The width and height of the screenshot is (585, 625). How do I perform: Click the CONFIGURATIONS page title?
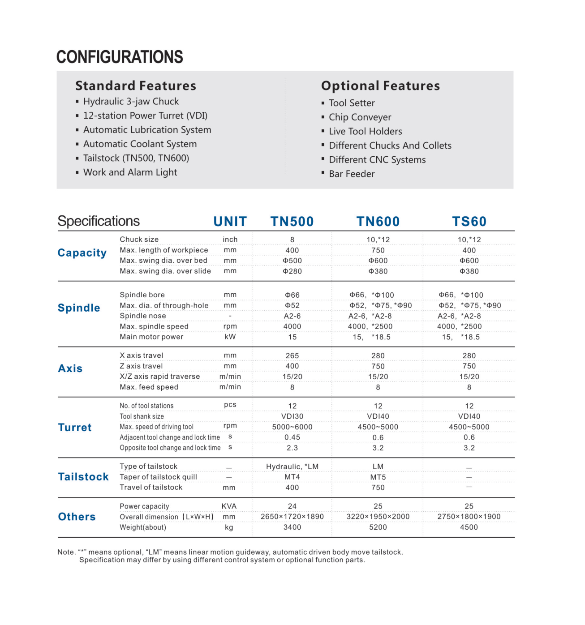click(x=120, y=57)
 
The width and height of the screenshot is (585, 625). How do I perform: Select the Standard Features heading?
click(x=136, y=86)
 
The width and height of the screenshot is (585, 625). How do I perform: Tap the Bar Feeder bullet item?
click(x=352, y=174)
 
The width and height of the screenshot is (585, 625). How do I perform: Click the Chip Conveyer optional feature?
click(x=360, y=117)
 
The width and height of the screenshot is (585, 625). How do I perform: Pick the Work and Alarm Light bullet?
click(x=130, y=172)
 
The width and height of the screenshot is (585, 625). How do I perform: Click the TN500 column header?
click(x=292, y=222)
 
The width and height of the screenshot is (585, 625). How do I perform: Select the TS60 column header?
click(x=469, y=222)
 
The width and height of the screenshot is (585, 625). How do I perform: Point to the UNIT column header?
click(x=230, y=222)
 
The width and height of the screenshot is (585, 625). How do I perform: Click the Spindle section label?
click(x=79, y=308)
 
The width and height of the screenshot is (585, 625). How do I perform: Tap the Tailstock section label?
click(x=83, y=477)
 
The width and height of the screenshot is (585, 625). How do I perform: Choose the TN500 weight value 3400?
click(x=292, y=527)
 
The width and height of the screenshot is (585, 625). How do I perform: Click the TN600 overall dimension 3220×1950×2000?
click(x=378, y=517)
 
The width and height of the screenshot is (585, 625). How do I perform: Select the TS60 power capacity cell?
click(x=469, y=506)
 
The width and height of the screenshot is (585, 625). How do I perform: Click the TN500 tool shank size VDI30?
click(x=292, y=416)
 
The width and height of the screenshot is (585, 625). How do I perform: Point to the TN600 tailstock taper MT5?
click(x=378, y=477)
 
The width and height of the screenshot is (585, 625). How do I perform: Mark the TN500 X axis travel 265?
click(x=292, y=356)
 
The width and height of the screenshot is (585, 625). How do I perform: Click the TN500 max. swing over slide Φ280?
click(x=292, y=271)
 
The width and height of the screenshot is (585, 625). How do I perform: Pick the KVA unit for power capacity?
click(x=229, y=506)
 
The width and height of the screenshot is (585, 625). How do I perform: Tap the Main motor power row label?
click(x=151, y=337)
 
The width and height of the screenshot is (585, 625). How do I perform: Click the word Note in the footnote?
click(x=66, y=552)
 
